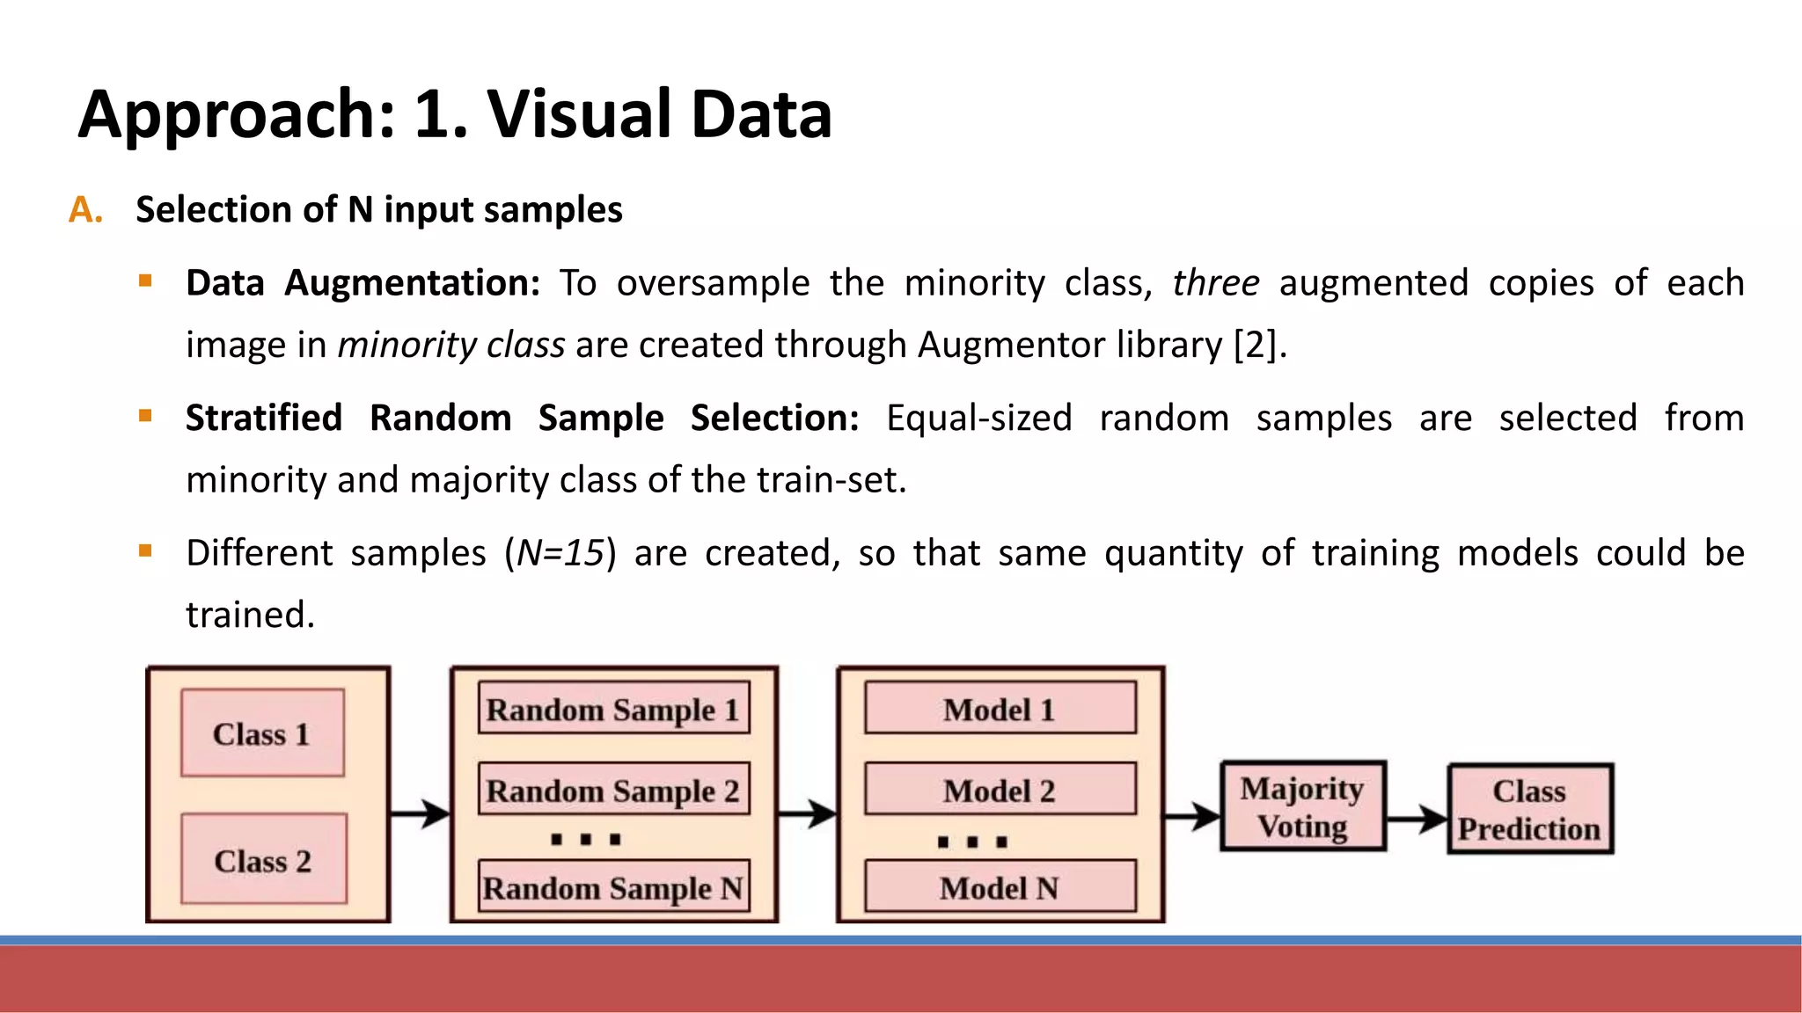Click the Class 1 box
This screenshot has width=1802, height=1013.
click(262, 733)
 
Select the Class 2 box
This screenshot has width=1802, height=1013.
click(263, 859)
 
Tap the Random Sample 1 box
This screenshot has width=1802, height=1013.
click(613, 708)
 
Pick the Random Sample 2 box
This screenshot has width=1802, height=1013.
click(613, 789)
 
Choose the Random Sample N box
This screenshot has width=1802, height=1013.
click(613, 886)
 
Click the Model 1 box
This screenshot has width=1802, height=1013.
click(1000, 708)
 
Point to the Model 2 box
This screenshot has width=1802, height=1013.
click(1000, 789)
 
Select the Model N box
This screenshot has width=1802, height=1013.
click(1000, 886)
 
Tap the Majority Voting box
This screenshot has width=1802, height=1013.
click(1303, 806)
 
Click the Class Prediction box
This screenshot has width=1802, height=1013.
click(1530, 809)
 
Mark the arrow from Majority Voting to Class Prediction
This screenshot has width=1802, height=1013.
click(1417, 819)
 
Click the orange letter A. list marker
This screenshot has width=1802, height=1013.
click(85, 210)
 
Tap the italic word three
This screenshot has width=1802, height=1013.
click(1215, 283)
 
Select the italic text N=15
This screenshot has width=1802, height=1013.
click(560, 553)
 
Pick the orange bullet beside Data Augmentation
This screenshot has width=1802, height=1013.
click(146, 281)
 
